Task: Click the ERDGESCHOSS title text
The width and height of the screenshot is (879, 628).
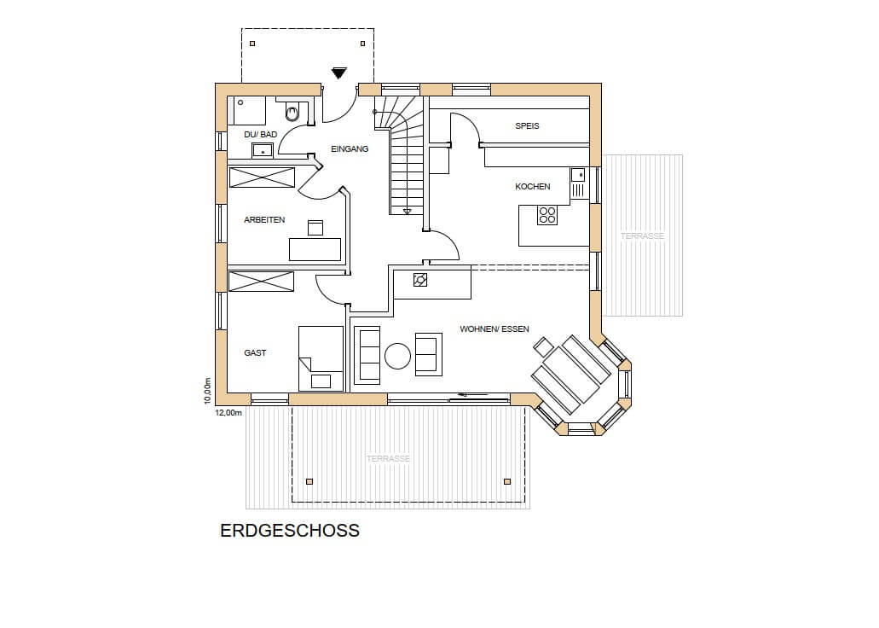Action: click(290, 531)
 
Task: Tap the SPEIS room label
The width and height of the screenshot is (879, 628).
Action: click(527, 125)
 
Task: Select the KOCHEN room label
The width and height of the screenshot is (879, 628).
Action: click(533, 186)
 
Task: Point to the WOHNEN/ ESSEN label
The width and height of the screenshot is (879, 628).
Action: click(494, 329)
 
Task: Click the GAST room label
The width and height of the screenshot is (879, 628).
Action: click(255, 352)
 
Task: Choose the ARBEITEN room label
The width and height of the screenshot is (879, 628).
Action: click(264, 219)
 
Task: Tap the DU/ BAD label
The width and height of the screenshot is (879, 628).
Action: click(261, 135)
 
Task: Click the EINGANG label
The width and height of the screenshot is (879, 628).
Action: click(350, 148)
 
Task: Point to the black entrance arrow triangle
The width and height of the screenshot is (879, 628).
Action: click(338, 73)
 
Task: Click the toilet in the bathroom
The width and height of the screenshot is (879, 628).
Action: click(292, 112)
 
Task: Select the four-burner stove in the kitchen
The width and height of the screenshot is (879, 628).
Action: click(547, 216)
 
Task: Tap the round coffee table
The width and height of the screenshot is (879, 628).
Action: click(397, 356)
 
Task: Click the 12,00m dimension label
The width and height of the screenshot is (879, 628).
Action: click(228, 412)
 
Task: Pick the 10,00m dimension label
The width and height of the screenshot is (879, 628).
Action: click(207, 391)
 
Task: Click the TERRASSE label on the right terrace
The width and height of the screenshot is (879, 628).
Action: click(643, 235)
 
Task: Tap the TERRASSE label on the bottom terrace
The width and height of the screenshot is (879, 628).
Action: click(388, 458)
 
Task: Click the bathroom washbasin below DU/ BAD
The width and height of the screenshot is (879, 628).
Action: click(263, 150)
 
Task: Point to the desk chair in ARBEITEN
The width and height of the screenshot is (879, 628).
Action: click(315, 228)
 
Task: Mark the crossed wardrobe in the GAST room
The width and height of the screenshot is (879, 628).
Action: click(261, 282)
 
